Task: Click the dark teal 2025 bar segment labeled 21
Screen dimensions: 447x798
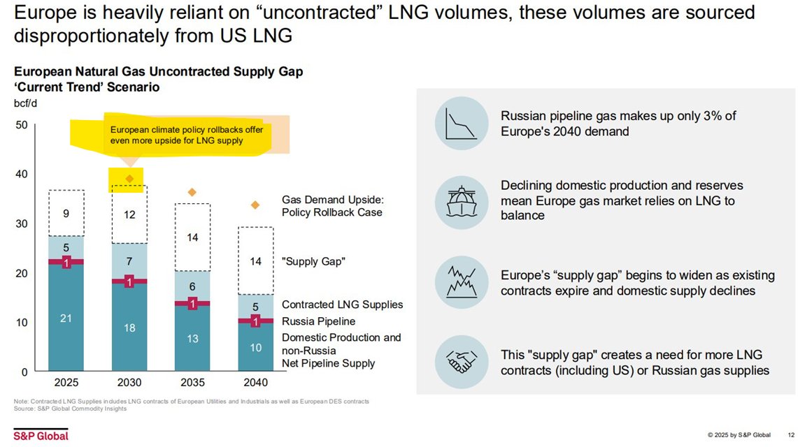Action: (x=66, y=319)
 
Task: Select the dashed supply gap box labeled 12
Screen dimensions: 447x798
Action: (x=129, y=214)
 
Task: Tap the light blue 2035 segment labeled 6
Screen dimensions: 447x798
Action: (x=192, y=286)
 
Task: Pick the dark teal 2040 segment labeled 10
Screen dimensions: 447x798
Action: (x=256, y=348)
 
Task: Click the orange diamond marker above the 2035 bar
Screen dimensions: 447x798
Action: (x=192, y=192)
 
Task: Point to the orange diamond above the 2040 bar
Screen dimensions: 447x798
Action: (x=256, y=205)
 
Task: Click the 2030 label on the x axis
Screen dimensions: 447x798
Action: (x=129, y=383)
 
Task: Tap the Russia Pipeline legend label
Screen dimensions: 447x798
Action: (x=318, y=321)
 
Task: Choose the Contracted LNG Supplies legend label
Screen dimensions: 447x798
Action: (x=342, y=305)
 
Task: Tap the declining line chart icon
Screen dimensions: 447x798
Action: (x=461, y=124)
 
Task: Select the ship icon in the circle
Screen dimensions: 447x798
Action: (x=461, y=201)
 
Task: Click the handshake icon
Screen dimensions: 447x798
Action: (x=461, y=361)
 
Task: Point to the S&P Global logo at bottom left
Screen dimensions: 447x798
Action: (x=41, y=435)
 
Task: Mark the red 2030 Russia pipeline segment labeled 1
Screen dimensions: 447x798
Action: (x=129, y=281)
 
